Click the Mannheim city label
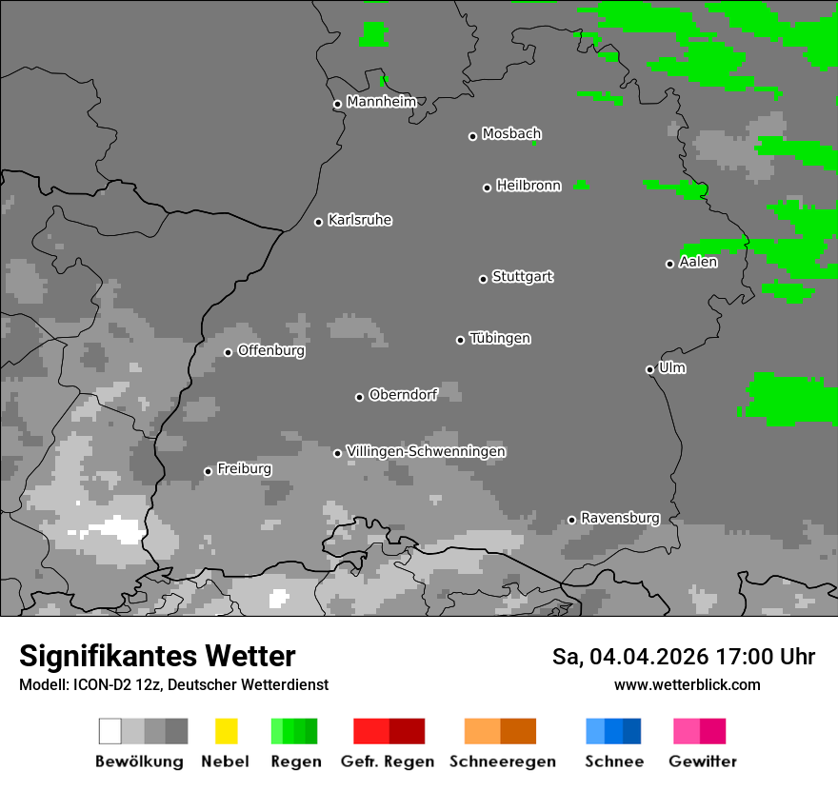pos(381,102)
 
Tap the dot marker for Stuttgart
pos(483,279)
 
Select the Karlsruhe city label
pos(360,220)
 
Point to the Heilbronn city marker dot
pos(487,188)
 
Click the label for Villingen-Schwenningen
pos(426,451)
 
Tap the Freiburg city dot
pos(208,471)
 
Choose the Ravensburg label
pos(620,518)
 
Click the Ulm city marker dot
pos(649,369)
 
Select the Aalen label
pos(698,262)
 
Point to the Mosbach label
pos(511,134)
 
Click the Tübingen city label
pos(500,338)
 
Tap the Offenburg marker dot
pos(228,352)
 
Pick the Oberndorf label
pos(403,395)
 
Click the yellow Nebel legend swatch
pos(226,731)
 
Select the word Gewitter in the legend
pos(702,761)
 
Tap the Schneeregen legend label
pos(502,761)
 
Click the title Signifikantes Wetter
pos(157,656)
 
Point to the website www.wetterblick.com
pos(687,684)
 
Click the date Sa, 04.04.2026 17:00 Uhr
pos(683,657)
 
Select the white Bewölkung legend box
pos(110,731)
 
